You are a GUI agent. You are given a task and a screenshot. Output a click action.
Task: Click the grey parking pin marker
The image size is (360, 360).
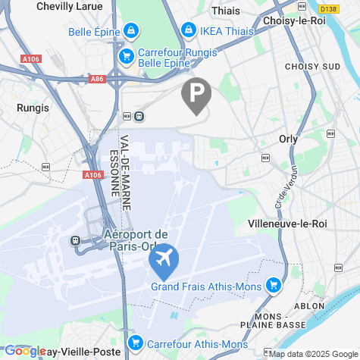[196, 95]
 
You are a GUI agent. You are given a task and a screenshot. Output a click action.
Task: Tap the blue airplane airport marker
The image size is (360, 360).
[163, 260]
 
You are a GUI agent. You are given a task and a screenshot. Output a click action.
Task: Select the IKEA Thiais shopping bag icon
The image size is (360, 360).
[188, 30]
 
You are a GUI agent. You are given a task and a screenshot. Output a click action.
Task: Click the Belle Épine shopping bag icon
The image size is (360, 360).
[132, 31]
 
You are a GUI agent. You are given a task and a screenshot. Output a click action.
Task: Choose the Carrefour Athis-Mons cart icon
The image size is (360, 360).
[136, 343]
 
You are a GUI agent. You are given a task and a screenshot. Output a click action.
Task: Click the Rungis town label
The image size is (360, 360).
[33, 108]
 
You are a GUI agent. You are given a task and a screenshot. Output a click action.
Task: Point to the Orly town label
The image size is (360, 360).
[288, 139]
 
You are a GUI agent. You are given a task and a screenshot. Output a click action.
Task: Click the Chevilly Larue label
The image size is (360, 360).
[70, 5]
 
